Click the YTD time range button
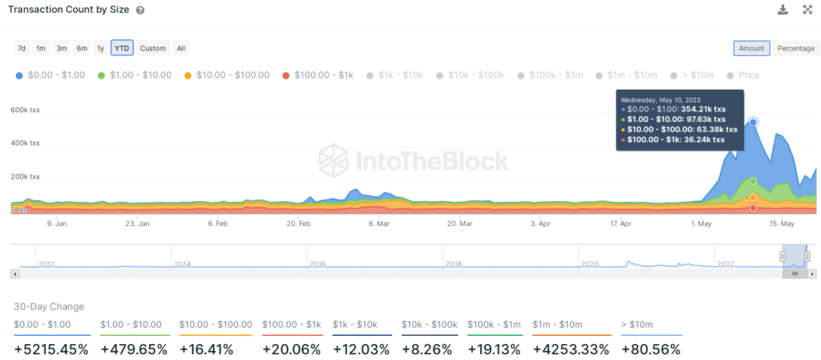[x=122, y=48]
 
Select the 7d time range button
[x=22, y=48]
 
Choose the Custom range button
[x=152, y=48]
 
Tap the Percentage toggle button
[x=795, y=48]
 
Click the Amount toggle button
[x=751, y=48]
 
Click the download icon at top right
[x=783, y=10]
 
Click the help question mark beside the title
[x=140, y=10]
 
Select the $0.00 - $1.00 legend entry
[x=51, y=75]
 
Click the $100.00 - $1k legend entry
[x=318, y=75]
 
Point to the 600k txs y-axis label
[x=24, y=110]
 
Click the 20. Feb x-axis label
[x=298, y=224]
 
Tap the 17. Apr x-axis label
[x=621, y=224]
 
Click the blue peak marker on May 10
[x=753, y=122]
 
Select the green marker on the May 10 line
[x=753, y=181]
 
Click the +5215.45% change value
[x=51, y=350]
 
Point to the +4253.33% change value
[x=570, y=350]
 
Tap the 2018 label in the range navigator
[x=454, y=263]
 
